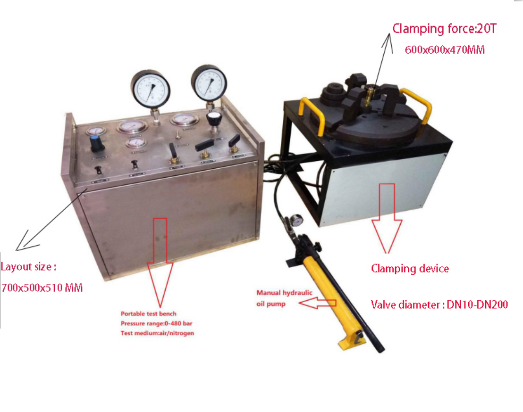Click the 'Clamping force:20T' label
444,29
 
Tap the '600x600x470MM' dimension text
445,50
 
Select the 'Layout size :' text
28,267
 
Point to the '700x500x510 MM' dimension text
42,288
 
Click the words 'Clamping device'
410,268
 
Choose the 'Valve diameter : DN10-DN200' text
439,305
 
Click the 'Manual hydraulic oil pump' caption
284,298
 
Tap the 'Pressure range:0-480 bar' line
156,323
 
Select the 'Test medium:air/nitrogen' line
157,333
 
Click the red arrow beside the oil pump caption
317,303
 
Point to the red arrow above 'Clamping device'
387,218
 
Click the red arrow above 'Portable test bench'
160,263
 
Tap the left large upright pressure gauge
151,89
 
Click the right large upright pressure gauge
209,83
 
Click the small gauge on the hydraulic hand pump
296,220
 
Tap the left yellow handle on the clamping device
312,115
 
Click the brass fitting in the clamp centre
368,95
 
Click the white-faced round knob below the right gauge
214,119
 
